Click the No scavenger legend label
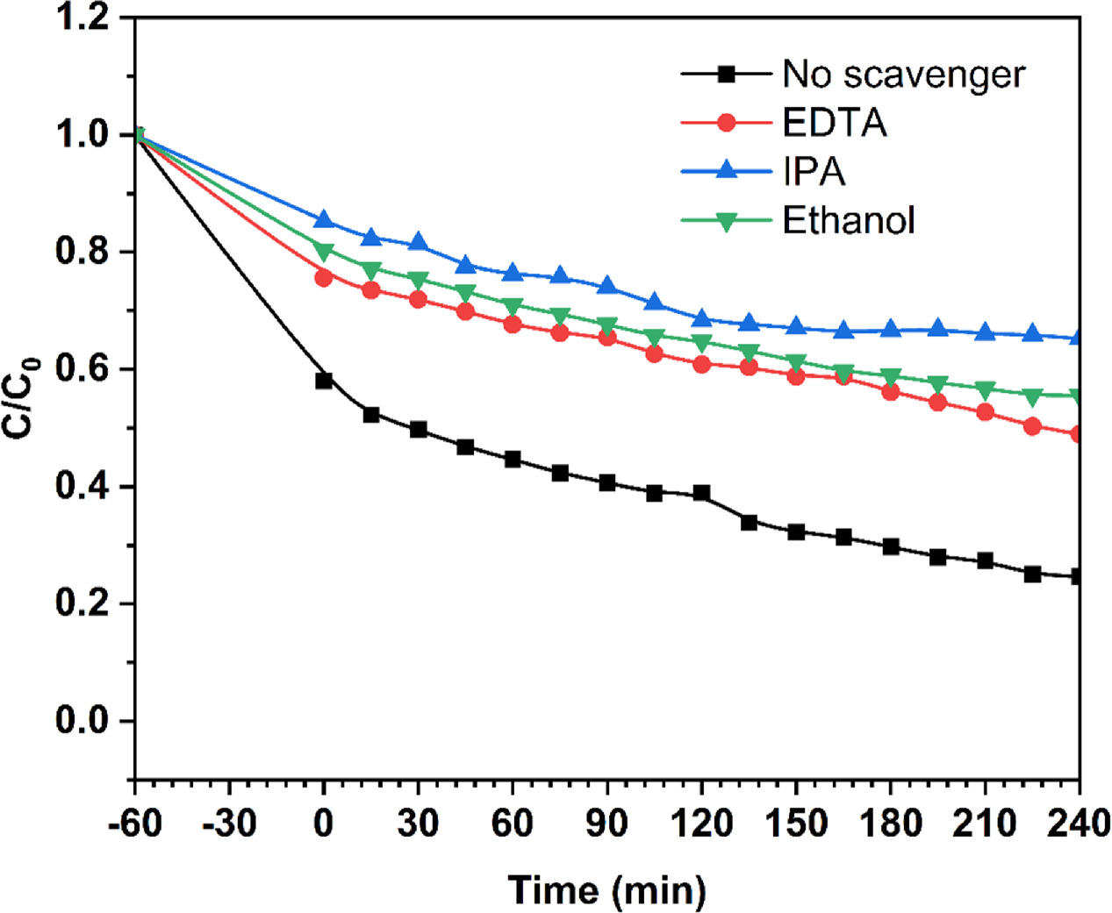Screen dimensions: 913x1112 903,75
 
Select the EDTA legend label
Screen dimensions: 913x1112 835,124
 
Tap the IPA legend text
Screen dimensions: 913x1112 814,172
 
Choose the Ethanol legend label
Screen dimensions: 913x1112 849,220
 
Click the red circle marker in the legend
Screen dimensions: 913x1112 726,123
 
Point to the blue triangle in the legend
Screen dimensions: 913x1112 726,171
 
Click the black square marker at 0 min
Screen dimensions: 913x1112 324,381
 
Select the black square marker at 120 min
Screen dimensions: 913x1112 701,494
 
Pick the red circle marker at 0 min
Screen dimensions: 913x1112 324,278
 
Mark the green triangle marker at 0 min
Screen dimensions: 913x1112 324,253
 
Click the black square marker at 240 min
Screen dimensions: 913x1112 1078,576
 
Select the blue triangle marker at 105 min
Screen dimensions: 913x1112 654,303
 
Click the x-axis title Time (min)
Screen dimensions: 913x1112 606,890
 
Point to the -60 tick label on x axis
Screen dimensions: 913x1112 134,824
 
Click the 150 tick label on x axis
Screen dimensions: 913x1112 796,824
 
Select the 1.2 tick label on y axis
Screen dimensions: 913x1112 82,18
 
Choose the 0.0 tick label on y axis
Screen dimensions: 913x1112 82,721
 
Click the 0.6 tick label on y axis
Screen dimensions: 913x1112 82,369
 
